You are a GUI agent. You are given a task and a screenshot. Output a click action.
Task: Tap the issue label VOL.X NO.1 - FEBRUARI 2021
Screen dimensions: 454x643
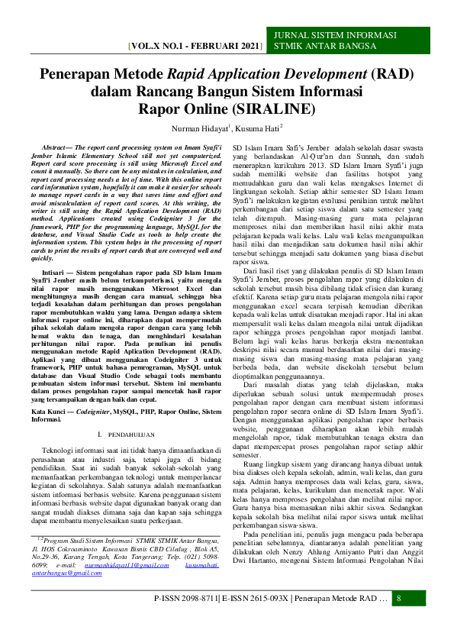point(195,46)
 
